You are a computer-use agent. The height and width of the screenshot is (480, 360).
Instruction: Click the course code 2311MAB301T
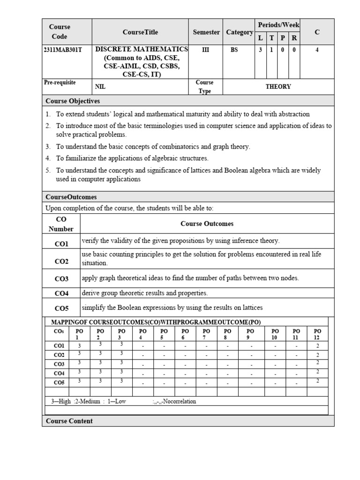pyautogui.click(x=62, y=50)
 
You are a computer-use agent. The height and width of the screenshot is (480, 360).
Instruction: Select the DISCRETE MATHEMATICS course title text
pyautogui.click(x=142, y=49)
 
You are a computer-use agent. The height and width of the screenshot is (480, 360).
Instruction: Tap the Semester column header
pyautogui.click(x=206, y=32)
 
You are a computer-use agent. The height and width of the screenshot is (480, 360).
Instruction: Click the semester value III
pyautogui.click(x=206, y=50)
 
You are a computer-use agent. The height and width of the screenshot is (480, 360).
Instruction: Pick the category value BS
pyautogui.click(x=234, y=50)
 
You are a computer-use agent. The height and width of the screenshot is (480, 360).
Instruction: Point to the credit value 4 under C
pyautogui.click(x=317, y=50)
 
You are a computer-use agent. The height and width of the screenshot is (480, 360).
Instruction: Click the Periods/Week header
pyautogui.click(x=278, y=24)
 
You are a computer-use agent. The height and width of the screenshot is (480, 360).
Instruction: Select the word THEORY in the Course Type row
pyautogui.click(x=278, y=87)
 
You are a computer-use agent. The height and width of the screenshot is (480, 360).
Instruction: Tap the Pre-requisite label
pyautogui.click(x=60, y=82)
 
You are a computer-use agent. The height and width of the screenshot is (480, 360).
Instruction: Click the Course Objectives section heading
pyautogui.click(x=73, y=101)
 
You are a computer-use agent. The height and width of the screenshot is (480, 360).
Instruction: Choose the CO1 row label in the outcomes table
pyautogui.click(x=61, y=244)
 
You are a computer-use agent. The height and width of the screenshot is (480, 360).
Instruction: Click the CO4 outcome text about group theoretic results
pyautogui.click(x=144, y=293)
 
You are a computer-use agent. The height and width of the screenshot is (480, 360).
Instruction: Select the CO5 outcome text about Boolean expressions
pyautogui.click(x=172, y=307)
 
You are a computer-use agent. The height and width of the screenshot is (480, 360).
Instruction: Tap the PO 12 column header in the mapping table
pyautogui.click(x=317, y=334)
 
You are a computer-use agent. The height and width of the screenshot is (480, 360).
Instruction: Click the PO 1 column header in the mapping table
pyautogui.click(x=80, y=334)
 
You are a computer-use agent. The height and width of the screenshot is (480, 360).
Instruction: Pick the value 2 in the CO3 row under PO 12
pyautogui.click(x=317, y=363)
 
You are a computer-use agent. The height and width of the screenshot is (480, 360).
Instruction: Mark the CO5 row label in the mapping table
pyautogui.click(x=59, y=382)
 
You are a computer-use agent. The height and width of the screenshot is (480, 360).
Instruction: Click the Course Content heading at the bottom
pyautogui.click(x=69, y=421)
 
